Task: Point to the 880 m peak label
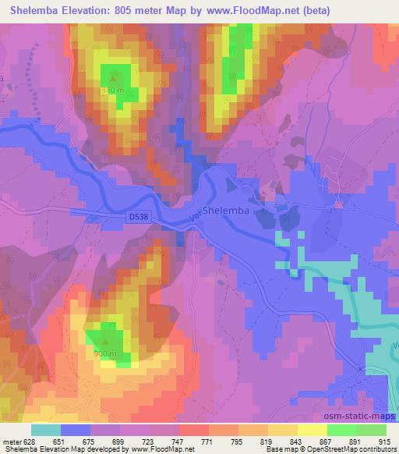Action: [111, 90]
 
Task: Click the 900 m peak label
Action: [106, 353]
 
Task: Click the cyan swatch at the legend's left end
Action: [46, 429]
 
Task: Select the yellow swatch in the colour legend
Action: [312, 429]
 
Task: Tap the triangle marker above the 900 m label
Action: [107, 341]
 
